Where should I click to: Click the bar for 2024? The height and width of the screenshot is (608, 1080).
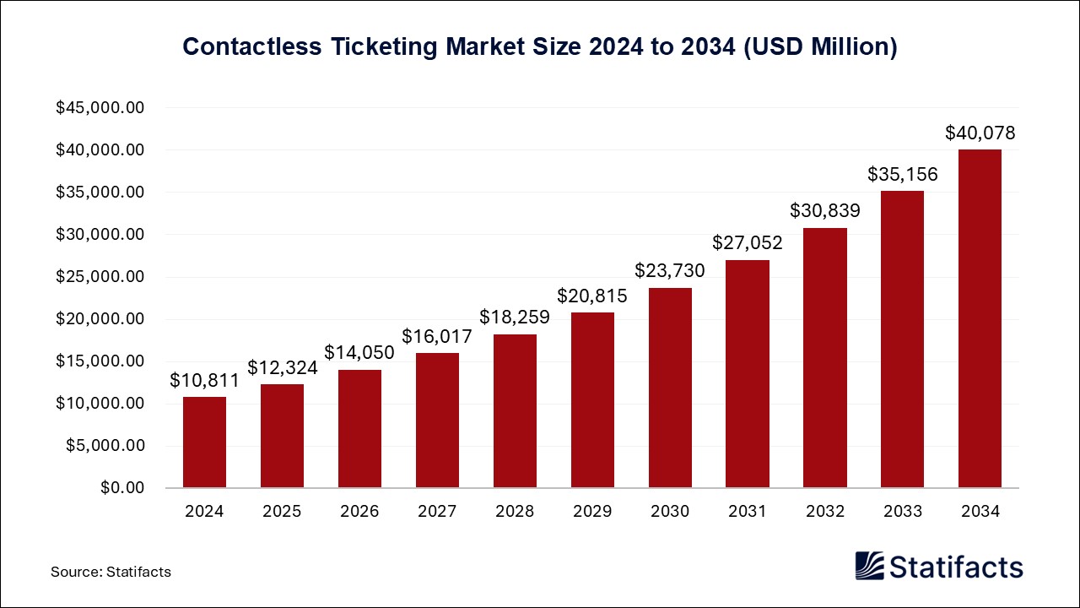204,442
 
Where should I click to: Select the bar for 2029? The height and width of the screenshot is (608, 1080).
592,400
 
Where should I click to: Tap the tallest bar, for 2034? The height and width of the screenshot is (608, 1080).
980,319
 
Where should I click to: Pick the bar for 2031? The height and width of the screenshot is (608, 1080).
748,374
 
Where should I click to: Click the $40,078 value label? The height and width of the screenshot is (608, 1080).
980,133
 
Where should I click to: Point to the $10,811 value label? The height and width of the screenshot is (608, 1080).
204,380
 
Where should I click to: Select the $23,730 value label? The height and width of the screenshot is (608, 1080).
670,271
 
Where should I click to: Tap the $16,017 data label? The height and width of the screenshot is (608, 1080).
437,336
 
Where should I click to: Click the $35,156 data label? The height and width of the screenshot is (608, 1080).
903,174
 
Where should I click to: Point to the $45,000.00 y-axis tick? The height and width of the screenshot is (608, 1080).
100,108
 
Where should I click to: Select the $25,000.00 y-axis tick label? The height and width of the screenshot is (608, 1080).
100,277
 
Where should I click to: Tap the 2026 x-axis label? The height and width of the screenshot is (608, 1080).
359,511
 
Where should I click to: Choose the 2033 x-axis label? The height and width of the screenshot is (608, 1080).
903,511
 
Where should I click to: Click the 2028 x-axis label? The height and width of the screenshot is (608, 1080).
515,511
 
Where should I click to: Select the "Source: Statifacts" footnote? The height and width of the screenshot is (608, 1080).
111,572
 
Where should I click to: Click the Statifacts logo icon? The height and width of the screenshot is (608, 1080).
869,566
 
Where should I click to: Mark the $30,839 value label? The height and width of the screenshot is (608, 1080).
825,211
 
